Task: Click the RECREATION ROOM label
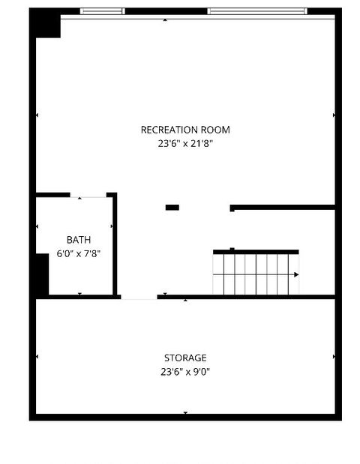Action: (185, 130)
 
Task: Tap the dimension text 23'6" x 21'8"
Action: (185, 143)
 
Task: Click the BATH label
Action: (78, 240)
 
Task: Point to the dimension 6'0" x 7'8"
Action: (78, 253)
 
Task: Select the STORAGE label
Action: (185, 358)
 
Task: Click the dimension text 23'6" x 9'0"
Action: (185, 371)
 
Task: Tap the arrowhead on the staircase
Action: (296, 274)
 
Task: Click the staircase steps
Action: (255, 274)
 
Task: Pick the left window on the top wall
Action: (102, 11)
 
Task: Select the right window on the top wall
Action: (256, 11)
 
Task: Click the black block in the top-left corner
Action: (46, 25)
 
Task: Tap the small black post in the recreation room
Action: (172, 207)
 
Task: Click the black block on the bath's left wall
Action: (43, 275)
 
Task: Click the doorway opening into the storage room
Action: (139, 298)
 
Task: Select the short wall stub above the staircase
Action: (282, 207)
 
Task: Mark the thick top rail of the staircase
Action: (256, 252)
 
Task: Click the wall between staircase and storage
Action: (247, 298)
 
